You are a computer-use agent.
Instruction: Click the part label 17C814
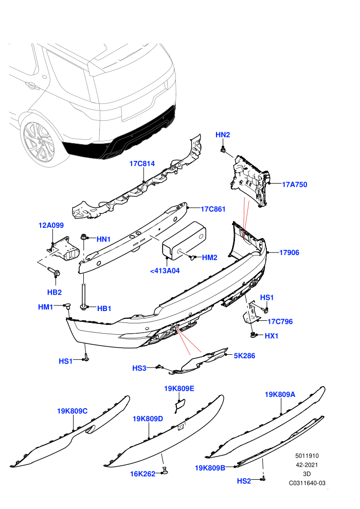142,163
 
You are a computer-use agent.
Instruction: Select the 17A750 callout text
294,185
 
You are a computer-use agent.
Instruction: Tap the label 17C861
213,209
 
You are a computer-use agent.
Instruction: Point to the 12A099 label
51,225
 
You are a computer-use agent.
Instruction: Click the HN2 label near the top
223,135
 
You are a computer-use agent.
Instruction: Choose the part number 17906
289,252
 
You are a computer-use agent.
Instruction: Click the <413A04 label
165,271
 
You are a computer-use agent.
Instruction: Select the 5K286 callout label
244,356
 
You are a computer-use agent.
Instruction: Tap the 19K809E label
179,389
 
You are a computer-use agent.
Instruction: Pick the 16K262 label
143,474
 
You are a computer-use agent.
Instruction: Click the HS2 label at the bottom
244,481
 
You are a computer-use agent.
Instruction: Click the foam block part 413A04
184,241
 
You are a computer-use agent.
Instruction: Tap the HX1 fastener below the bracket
253,335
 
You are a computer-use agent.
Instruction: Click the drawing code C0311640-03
307,483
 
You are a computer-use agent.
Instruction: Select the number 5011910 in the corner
307,456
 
